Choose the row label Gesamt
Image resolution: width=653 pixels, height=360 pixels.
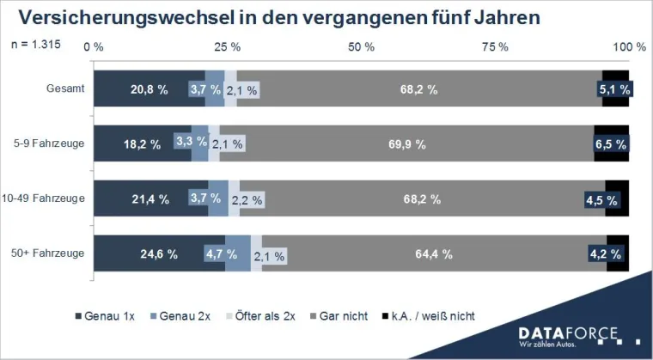point(65,89)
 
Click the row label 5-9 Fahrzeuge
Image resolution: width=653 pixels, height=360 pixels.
point(50,143)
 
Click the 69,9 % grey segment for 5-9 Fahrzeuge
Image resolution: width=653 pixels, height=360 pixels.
point(406,144)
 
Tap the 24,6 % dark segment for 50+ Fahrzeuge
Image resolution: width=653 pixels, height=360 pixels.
point(159,253)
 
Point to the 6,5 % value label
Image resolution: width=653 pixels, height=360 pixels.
point(611,144)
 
